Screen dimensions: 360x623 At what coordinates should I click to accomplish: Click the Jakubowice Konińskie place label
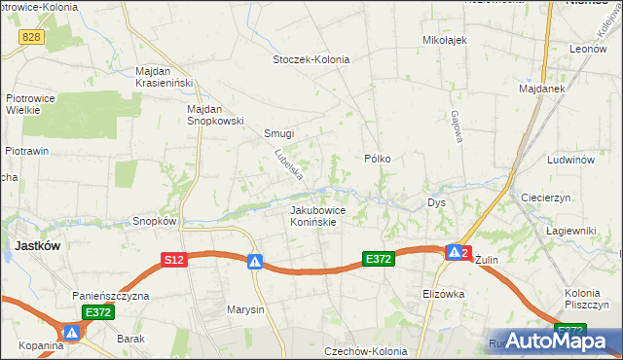(313, 215)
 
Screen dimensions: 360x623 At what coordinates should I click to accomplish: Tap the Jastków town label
(37, 246)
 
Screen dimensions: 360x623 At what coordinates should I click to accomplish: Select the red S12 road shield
(173, 260)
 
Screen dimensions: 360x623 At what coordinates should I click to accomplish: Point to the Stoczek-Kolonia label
(311, 59)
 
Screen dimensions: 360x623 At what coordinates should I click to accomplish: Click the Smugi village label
(278, 134)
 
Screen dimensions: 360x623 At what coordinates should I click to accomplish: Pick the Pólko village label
(377, 158)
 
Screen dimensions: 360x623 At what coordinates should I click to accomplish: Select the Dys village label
(436, 202)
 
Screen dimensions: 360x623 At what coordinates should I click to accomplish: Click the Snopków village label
(154, 221)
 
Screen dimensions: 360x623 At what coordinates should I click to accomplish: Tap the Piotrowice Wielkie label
(36, 108)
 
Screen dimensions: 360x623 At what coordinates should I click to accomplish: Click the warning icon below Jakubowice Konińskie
(254, 262)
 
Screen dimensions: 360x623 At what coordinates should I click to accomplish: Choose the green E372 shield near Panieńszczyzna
(98, 312)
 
